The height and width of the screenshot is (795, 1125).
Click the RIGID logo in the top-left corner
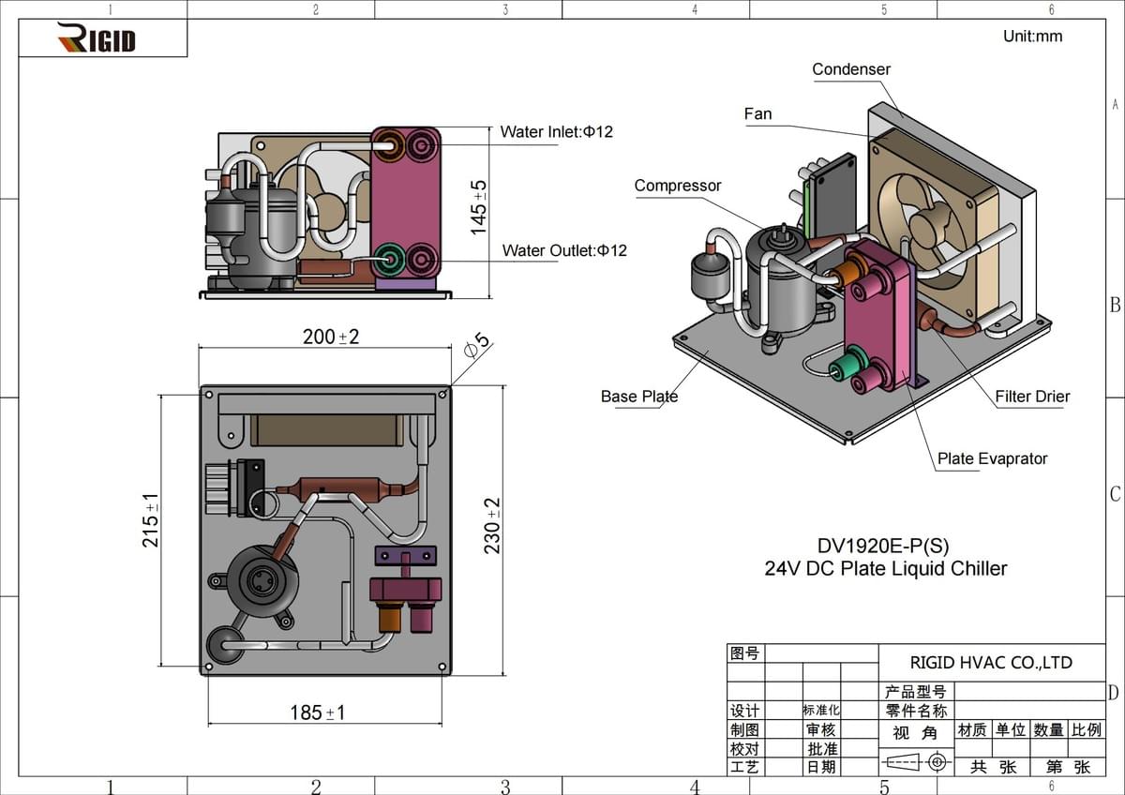click(97, 38)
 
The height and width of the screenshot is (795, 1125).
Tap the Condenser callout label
click(851, 69)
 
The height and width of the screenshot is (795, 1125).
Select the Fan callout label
click(757, 114)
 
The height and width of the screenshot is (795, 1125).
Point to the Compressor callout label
click(678, 186)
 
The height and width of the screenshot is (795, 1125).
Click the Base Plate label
click(638, 397)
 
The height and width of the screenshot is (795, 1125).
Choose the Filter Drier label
click(1032, 397)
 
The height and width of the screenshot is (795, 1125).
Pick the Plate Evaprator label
click(992, 458)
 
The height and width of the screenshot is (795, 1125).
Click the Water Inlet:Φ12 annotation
click(556, 132)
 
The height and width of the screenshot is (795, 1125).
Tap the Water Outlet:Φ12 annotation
click(564, 250)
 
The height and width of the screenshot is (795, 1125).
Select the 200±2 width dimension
click(331, 337)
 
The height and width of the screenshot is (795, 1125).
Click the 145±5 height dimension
click(479, 206)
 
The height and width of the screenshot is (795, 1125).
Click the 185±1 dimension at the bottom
click(317, 712)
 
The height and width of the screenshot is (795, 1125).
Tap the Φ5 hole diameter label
click(477, 346)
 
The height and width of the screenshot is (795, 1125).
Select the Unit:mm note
click(1032, 37)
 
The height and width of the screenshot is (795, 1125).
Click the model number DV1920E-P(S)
click(876, 545)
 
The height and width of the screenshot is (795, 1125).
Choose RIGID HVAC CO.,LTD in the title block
click(991, 663)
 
